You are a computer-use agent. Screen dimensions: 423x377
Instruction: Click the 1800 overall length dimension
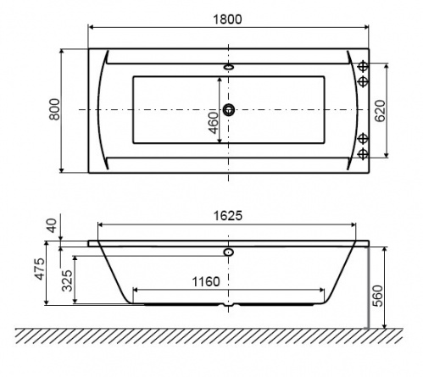[227, 19]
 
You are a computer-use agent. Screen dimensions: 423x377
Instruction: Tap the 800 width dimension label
[54, 109]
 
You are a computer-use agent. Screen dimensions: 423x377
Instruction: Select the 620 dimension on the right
[380, 111]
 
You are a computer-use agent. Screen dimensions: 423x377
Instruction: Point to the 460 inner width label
[214, 123]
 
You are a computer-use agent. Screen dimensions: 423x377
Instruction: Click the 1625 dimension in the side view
[228, 216]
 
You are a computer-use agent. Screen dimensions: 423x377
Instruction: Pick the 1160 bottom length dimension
[206, 281]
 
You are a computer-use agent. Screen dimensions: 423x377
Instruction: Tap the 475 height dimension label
[40, 269]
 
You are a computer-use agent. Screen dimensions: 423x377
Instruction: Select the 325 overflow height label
[67, 280]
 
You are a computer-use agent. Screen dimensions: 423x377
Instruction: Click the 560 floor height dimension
[378, 296]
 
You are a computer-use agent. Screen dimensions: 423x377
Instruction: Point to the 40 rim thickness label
[52, 225]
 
